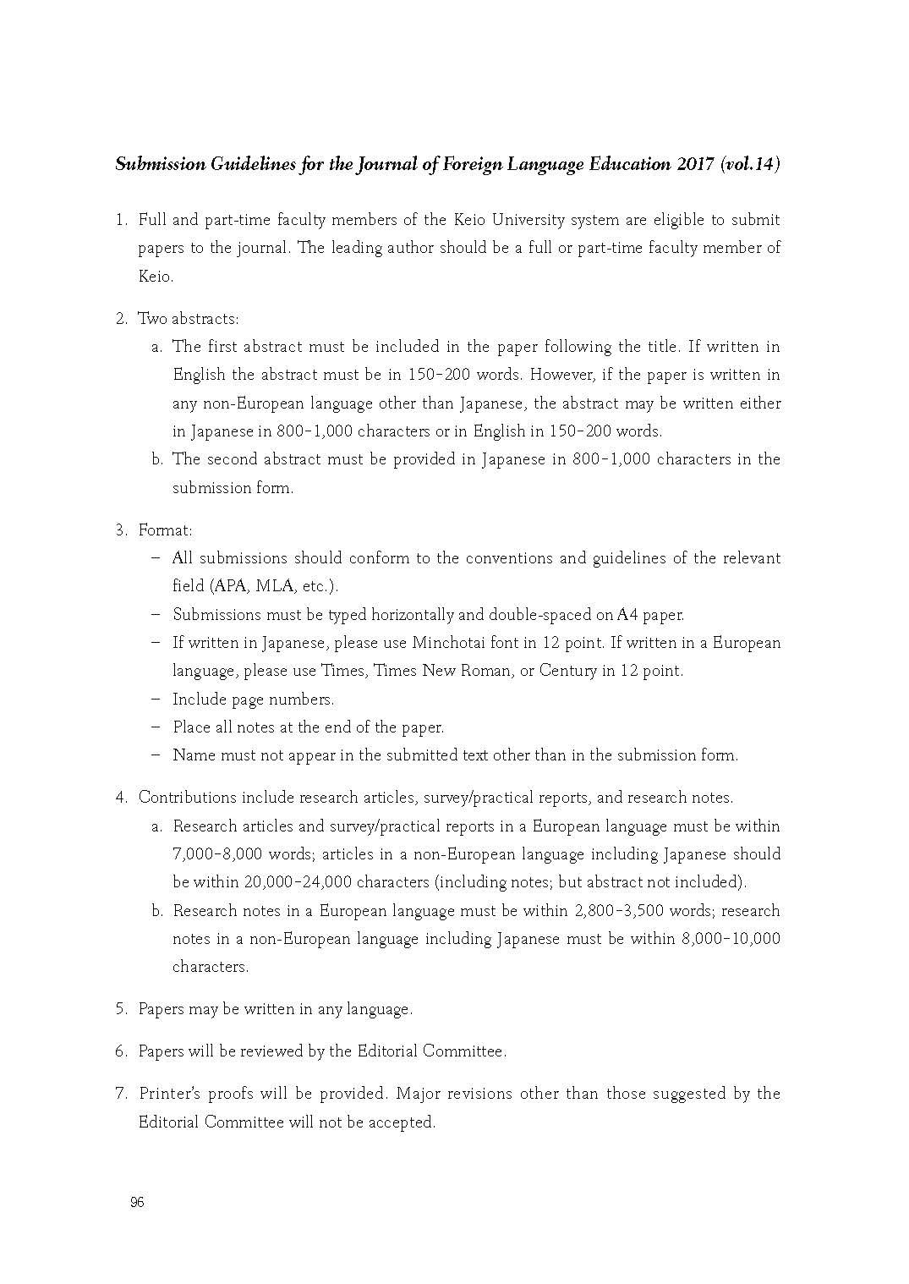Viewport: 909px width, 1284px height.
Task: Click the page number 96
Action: click(137, 1203)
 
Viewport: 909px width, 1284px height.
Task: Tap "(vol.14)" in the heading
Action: click(748, 164)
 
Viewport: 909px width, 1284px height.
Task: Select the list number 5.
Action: click(121, 1009)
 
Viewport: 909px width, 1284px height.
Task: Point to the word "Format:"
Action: click(165, 530)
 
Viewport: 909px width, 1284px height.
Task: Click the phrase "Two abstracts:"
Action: click(189, 319)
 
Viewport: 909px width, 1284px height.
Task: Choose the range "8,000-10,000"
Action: click(730, 939)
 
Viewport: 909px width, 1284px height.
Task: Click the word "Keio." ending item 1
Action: click(156, 277)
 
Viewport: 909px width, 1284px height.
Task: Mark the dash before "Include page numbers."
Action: click(156, 700)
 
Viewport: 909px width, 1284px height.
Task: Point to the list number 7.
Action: click(121, 1094)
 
